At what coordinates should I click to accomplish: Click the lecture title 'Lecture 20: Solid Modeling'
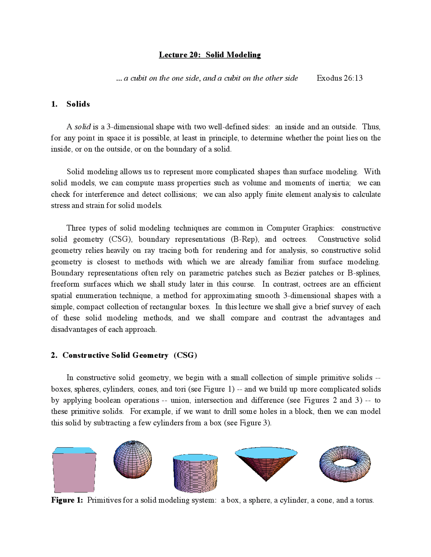click(210, 55)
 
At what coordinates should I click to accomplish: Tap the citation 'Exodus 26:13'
click(339, 78)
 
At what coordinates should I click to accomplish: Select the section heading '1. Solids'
click(70, 104)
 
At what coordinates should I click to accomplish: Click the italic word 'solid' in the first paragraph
click(82, 127)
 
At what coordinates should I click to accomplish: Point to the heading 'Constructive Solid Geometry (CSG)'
click(124, 355)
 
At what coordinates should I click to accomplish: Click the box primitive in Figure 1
click(74, 471)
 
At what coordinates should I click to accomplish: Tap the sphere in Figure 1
click(133, 459)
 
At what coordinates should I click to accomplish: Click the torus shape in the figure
click(345, 464)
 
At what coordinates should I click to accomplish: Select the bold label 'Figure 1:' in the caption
click(67, 500)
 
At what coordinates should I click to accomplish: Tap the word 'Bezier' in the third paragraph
click(295, 273)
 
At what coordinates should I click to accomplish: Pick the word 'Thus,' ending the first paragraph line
click(371, 127)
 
